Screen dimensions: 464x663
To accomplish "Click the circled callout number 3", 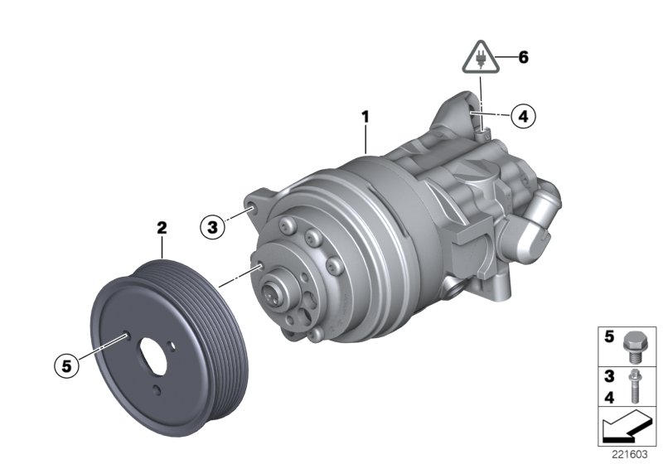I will pos(213,225).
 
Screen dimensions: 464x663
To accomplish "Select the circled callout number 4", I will pos(522,117).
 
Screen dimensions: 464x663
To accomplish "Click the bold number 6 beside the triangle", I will pos(523,58).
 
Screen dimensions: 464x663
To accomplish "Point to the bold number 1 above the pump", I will pos(365,118).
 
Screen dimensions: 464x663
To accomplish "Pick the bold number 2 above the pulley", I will pos(162,225).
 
